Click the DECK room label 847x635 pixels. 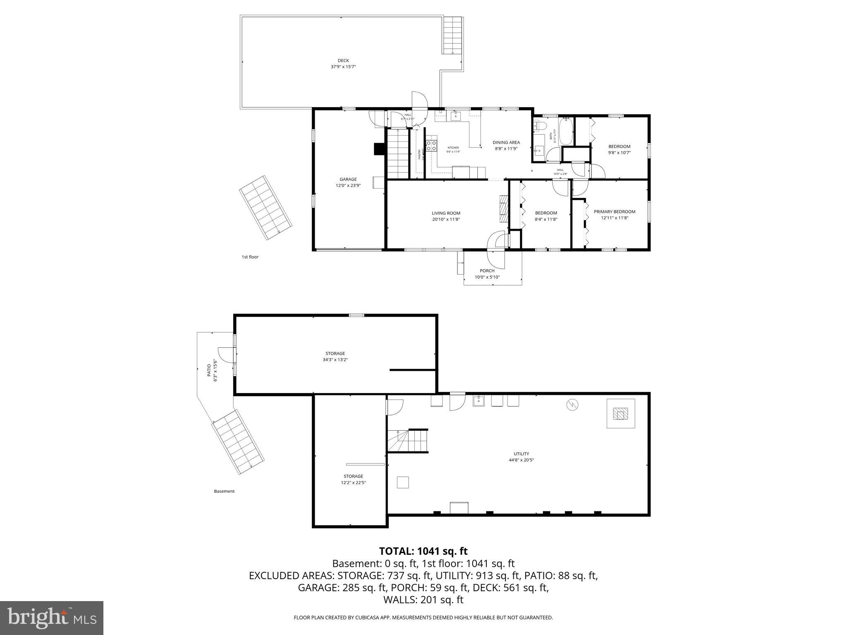coord(343,61)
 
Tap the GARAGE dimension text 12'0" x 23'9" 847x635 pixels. coord(348,186)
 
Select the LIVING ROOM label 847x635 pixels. coord(446,213)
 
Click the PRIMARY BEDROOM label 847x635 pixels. coord(614,212)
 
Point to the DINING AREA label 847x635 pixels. coord(506,143)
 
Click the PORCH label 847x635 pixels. coord(487,271)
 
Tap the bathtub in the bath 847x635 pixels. coord(565,131)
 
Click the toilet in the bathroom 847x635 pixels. coord(540,126)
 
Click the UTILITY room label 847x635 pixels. coord(521,454)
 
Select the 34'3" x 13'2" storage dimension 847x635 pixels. coord(335,360)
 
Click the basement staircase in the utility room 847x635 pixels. coord(407,441)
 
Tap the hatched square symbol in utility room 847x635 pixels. coord(620,413)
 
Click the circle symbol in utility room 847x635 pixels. coord(572,405)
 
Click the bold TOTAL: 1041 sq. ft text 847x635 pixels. coord(423,551)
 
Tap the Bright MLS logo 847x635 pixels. coord(52,618)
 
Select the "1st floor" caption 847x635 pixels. coord(250,257)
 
